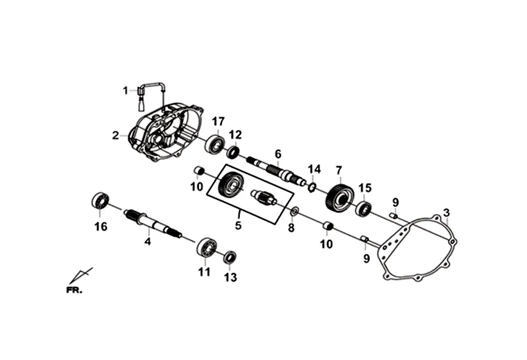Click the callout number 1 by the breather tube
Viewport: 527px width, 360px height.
coord(125,90)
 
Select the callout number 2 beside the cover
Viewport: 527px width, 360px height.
coord(115,136)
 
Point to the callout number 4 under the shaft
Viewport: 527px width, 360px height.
coord(148,242)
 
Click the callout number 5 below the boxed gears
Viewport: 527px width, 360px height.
coord(238,225)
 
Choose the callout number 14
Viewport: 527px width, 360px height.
coord(314,169)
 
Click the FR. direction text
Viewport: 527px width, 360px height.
coord(74,289)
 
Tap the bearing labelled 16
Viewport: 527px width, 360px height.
coord(100,200)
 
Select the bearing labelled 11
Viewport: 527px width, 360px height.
coord(207,247)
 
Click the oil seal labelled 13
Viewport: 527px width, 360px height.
coord(230,257)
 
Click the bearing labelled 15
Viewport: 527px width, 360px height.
coord(364,209)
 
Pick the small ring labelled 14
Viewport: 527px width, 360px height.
coord(314,187)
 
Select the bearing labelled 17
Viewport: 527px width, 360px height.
coord(213,143)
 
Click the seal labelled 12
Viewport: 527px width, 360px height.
coord(234,152)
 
